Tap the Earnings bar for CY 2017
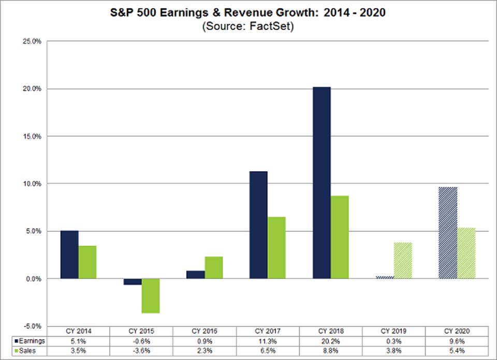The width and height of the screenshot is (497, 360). [258, 224]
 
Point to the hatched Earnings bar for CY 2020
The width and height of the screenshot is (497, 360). [447, 233]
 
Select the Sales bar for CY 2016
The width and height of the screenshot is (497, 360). [213, 267]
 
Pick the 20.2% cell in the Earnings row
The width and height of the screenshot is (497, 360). [330, 341]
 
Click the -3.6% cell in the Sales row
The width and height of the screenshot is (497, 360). [141, 351]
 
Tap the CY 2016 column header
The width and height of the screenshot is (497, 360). [204, 331]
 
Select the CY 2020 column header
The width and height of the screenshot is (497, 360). [456, 331]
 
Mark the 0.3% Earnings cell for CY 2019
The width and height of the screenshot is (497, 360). [393, 341]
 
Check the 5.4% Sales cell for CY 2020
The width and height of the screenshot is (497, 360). [456, 351]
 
